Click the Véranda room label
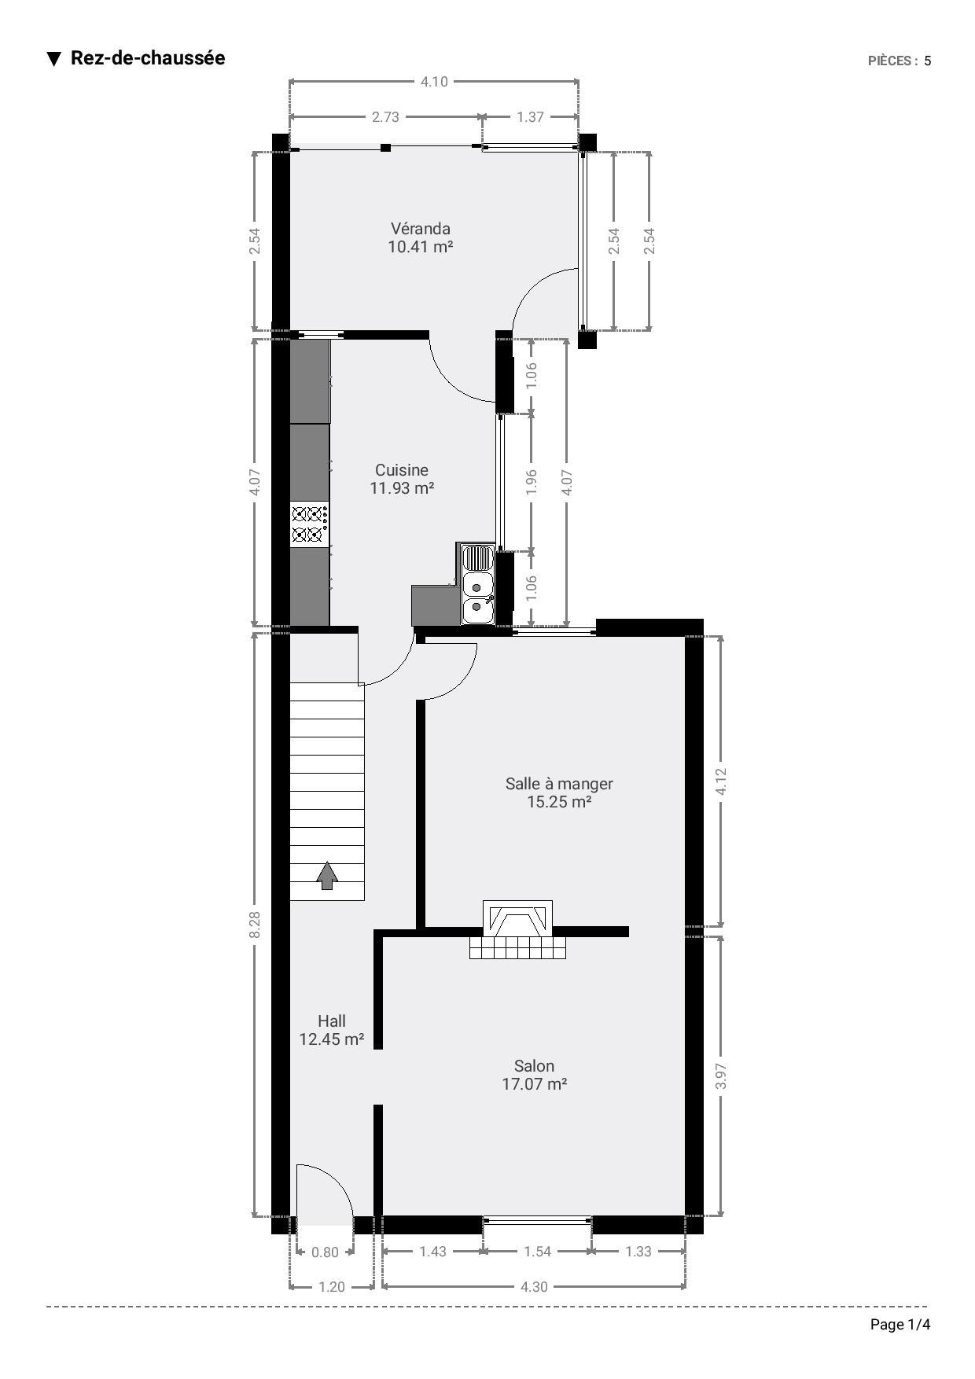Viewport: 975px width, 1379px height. (421, 229)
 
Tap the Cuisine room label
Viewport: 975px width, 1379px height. (402, 470)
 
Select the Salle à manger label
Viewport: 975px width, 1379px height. (559, 784)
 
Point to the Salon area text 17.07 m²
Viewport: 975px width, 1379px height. (535, 1084)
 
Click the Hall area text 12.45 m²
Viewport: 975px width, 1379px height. (332, 1039)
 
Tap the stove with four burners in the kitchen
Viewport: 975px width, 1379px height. (310, 524)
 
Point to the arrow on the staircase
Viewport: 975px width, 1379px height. (327, 876)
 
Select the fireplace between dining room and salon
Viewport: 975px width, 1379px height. (518, 929)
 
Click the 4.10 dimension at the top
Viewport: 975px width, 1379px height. (434, 81)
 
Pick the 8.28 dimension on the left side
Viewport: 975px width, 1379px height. (254, 925)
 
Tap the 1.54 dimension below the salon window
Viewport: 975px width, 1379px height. (537, 1252)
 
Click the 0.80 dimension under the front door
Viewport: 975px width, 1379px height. (325, 1252)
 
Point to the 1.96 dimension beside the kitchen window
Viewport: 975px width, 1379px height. (531, 481)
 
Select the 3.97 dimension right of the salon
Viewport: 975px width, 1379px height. (722, 1076)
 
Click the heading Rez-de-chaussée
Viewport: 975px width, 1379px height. (148, 58)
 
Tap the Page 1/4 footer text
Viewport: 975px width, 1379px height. (900, 1325)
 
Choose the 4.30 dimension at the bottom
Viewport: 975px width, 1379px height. (534, 1287)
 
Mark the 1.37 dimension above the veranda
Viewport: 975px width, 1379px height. (530, 117)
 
